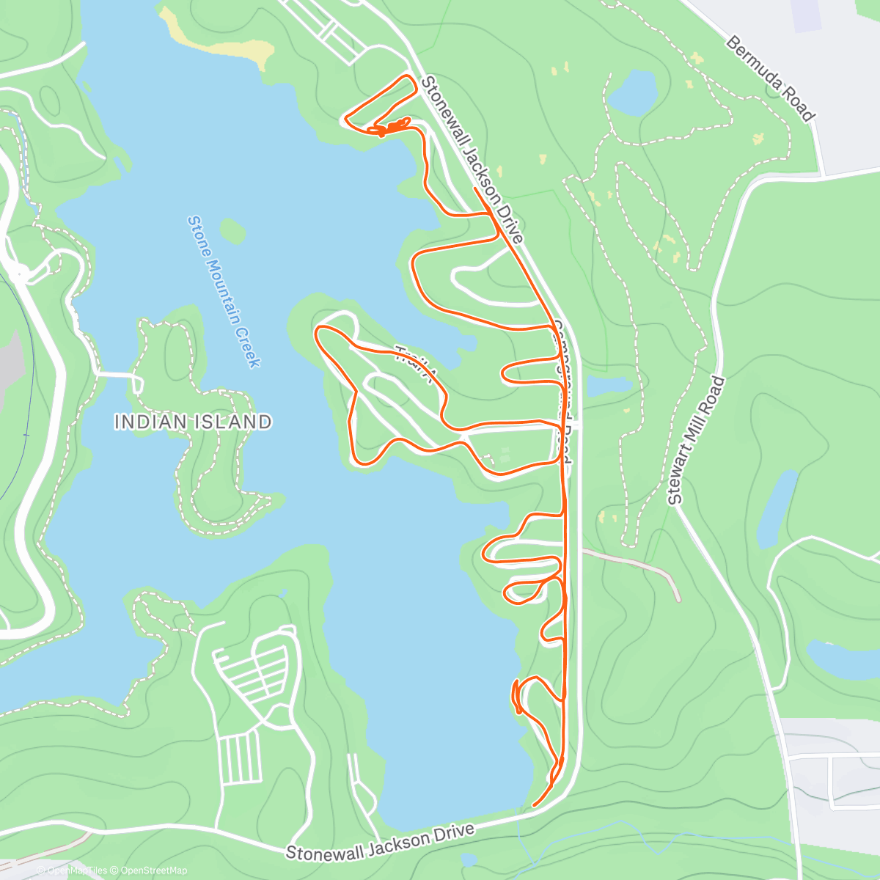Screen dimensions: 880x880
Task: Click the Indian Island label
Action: click(193, 422)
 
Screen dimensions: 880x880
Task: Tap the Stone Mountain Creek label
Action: click(224, 291)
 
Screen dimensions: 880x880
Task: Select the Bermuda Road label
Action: click(770, 78)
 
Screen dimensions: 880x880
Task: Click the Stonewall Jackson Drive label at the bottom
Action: click(380, 842)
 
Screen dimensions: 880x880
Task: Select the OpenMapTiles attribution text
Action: click(77, 870)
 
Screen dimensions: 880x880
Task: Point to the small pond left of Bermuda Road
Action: click(632, 92)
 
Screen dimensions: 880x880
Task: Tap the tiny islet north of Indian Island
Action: click(232, 230)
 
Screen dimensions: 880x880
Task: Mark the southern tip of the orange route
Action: click(535, 805)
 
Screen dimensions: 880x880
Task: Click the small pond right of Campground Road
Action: click(609, 386)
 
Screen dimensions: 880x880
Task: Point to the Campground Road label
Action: click(562, 392)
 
